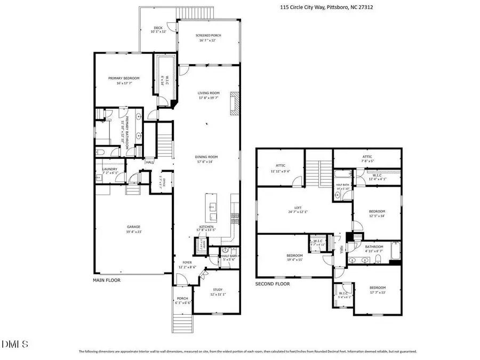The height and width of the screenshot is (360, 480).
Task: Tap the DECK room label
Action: point(158,29)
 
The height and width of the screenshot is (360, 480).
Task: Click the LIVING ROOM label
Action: point(209,95)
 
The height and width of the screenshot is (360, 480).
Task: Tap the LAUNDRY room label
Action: point(110,171)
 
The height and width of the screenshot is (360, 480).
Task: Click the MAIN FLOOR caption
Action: point(107,279)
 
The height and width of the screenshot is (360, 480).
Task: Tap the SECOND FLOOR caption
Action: point(272,284)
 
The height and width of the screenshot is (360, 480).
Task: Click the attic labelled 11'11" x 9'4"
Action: point(281,168)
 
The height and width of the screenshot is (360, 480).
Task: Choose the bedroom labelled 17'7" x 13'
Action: point(377,290)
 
